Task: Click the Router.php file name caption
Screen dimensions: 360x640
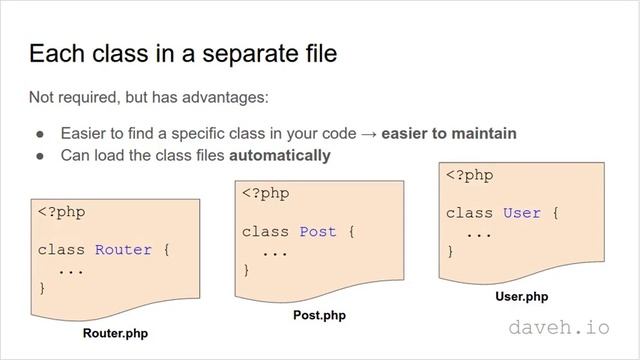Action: [115, 334]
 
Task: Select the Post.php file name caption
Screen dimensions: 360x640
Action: [318, 315]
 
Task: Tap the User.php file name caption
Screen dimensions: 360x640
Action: [522, 296]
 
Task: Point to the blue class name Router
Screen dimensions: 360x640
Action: [123, 249]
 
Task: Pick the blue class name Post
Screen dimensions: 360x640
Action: [317, 232]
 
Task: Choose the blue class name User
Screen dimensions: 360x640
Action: [521, 213]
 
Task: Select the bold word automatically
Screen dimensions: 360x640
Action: [280, 155]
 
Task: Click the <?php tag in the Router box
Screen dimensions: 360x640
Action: [63, 212]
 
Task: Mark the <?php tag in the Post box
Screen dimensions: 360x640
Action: [266, 194]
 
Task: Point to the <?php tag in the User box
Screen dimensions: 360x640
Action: [470, 175]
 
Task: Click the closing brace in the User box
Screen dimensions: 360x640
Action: [450, 251]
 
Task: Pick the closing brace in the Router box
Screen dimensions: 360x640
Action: [42, 288]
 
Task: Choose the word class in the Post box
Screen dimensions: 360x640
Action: [265, 232]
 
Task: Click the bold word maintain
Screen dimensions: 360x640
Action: [484, 133]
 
